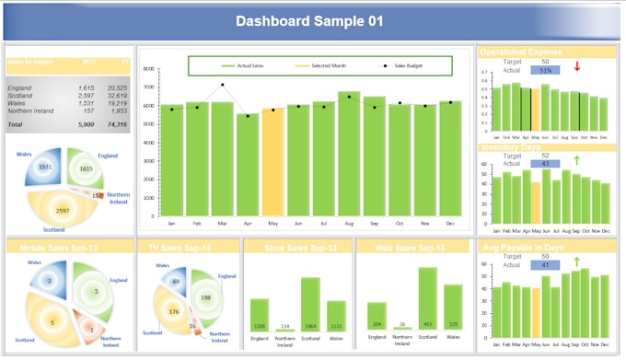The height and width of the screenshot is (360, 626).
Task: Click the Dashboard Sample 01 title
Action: [308, 21]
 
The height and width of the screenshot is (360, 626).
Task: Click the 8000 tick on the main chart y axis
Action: [148, 69]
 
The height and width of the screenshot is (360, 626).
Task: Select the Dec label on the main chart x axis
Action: [449, 224]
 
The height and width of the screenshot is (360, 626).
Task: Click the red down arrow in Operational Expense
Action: [576, 66]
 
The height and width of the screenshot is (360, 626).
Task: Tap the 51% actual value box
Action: [546, 70]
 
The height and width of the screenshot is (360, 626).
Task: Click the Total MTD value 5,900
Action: [86, 123]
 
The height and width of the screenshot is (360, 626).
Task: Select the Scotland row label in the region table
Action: [20, 96]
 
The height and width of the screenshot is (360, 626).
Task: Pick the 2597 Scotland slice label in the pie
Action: [62, 210]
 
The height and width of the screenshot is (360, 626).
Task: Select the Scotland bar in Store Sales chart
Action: [310, 305]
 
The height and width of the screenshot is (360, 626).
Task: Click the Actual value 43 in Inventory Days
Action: [545, 164]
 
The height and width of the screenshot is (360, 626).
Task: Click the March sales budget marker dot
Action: [222, 85]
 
